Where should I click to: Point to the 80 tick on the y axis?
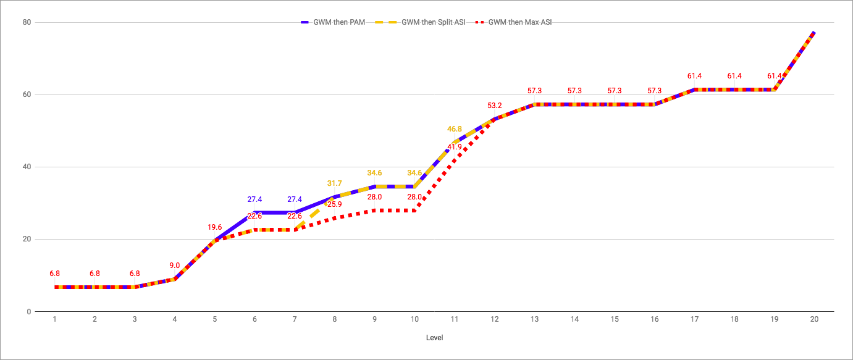coord(27,22)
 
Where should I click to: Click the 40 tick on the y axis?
coord(27,167)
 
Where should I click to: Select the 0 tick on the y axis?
coord(28,312)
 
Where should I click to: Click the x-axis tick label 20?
coord(814,319)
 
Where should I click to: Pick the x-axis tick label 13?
coord(534,319)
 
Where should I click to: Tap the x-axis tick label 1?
coord(55,319)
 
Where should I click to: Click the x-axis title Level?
coord(434,338)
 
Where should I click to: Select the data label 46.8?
coord(455,129)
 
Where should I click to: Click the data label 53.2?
coord(495,105)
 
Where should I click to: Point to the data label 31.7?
coord(335,183)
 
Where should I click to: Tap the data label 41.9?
coord(455,147)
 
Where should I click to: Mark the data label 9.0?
coord(175,266)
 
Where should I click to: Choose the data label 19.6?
coord(215,227)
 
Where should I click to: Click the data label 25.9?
coord(335,204)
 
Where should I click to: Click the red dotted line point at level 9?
coord(374,211)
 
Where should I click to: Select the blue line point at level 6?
coord(254,212)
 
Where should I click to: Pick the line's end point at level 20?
coord(814,32)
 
